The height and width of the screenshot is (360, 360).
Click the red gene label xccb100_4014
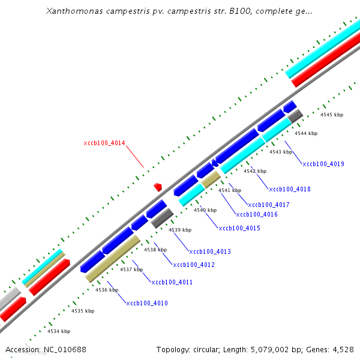coord(104,143)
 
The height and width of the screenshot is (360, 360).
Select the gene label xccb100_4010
coord(147,304)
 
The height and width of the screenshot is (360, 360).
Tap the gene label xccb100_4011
coord(172,282)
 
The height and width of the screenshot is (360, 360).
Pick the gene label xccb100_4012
coord(193,265)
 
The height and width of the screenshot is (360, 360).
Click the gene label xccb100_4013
coord(209,251)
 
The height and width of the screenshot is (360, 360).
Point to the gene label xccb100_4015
coord(239,228)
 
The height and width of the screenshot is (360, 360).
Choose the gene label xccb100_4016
coord(257,214)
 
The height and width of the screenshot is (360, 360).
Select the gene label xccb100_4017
coord(269,205)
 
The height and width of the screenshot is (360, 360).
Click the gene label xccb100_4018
coord(290,190)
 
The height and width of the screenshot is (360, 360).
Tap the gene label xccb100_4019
coord(323,164)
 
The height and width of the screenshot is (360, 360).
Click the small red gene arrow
coord(158,187)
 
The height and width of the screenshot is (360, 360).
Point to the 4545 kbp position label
coord(331,115)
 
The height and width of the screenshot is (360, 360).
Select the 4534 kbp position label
coord(59,331)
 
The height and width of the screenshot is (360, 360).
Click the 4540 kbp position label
coord(205,210)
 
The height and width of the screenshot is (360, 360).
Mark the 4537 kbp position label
coord(131,269)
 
